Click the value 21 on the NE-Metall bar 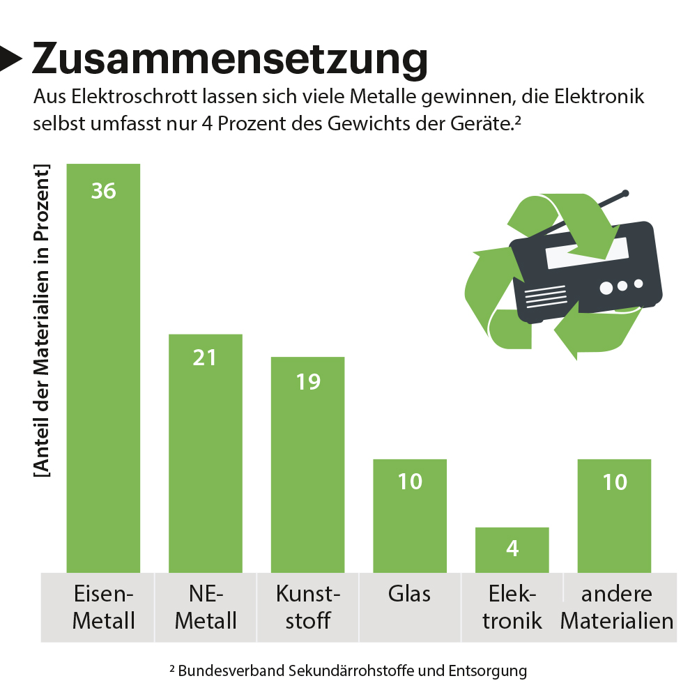point(206,358)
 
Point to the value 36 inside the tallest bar point(104,190)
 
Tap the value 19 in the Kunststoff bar point(308,381)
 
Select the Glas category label point(410,594)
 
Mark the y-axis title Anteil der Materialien point(43,321)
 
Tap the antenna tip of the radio point(626,193)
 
